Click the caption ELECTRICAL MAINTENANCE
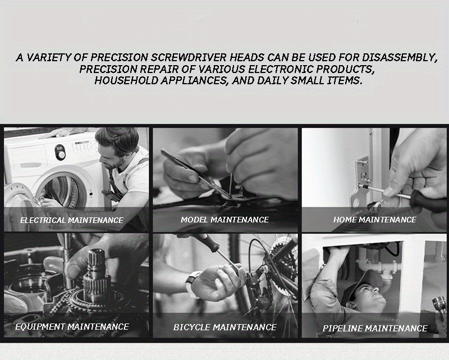72,220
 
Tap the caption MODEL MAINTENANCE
224,220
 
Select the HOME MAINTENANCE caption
374,220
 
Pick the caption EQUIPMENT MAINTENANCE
72,326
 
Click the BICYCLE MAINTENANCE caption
224,327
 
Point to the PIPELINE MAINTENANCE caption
374,328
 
